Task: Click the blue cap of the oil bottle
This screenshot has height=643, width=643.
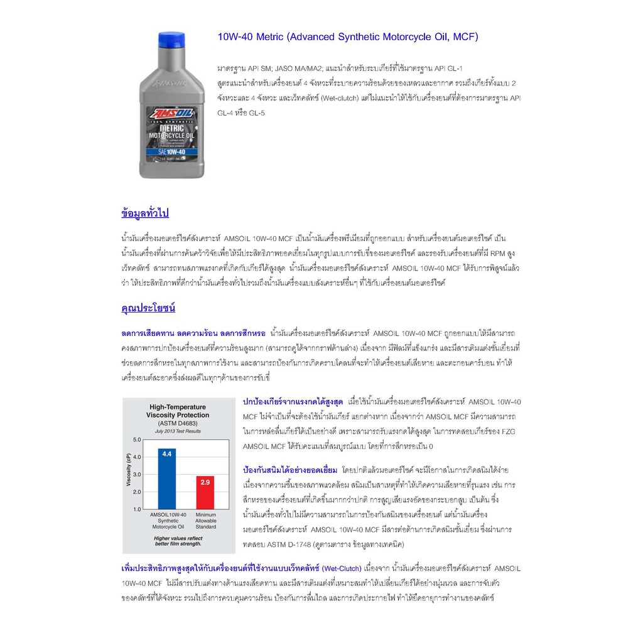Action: [171, 40]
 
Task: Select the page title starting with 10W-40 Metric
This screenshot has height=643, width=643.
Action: [347, 37]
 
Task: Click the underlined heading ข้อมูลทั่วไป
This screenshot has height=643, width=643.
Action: [145, 213]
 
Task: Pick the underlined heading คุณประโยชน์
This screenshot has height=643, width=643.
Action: [148, 308]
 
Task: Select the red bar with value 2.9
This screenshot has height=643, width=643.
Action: [205, 492]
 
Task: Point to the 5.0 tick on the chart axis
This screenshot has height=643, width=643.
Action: [137, 440]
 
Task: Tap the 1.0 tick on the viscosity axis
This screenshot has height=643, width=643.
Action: [137, 509]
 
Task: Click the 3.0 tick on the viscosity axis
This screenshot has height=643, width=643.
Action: [137, 475]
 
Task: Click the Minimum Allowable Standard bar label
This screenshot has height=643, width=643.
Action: [205, 521]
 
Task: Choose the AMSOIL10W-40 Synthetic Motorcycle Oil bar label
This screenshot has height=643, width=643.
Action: [168, 521]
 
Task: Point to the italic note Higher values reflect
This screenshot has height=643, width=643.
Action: [178, 538]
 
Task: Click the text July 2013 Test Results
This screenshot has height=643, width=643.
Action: [178, 431]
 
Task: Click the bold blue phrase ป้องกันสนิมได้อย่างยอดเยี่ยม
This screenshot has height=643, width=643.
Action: [289, 470]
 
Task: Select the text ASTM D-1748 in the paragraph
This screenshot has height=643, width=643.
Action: [287, 544]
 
